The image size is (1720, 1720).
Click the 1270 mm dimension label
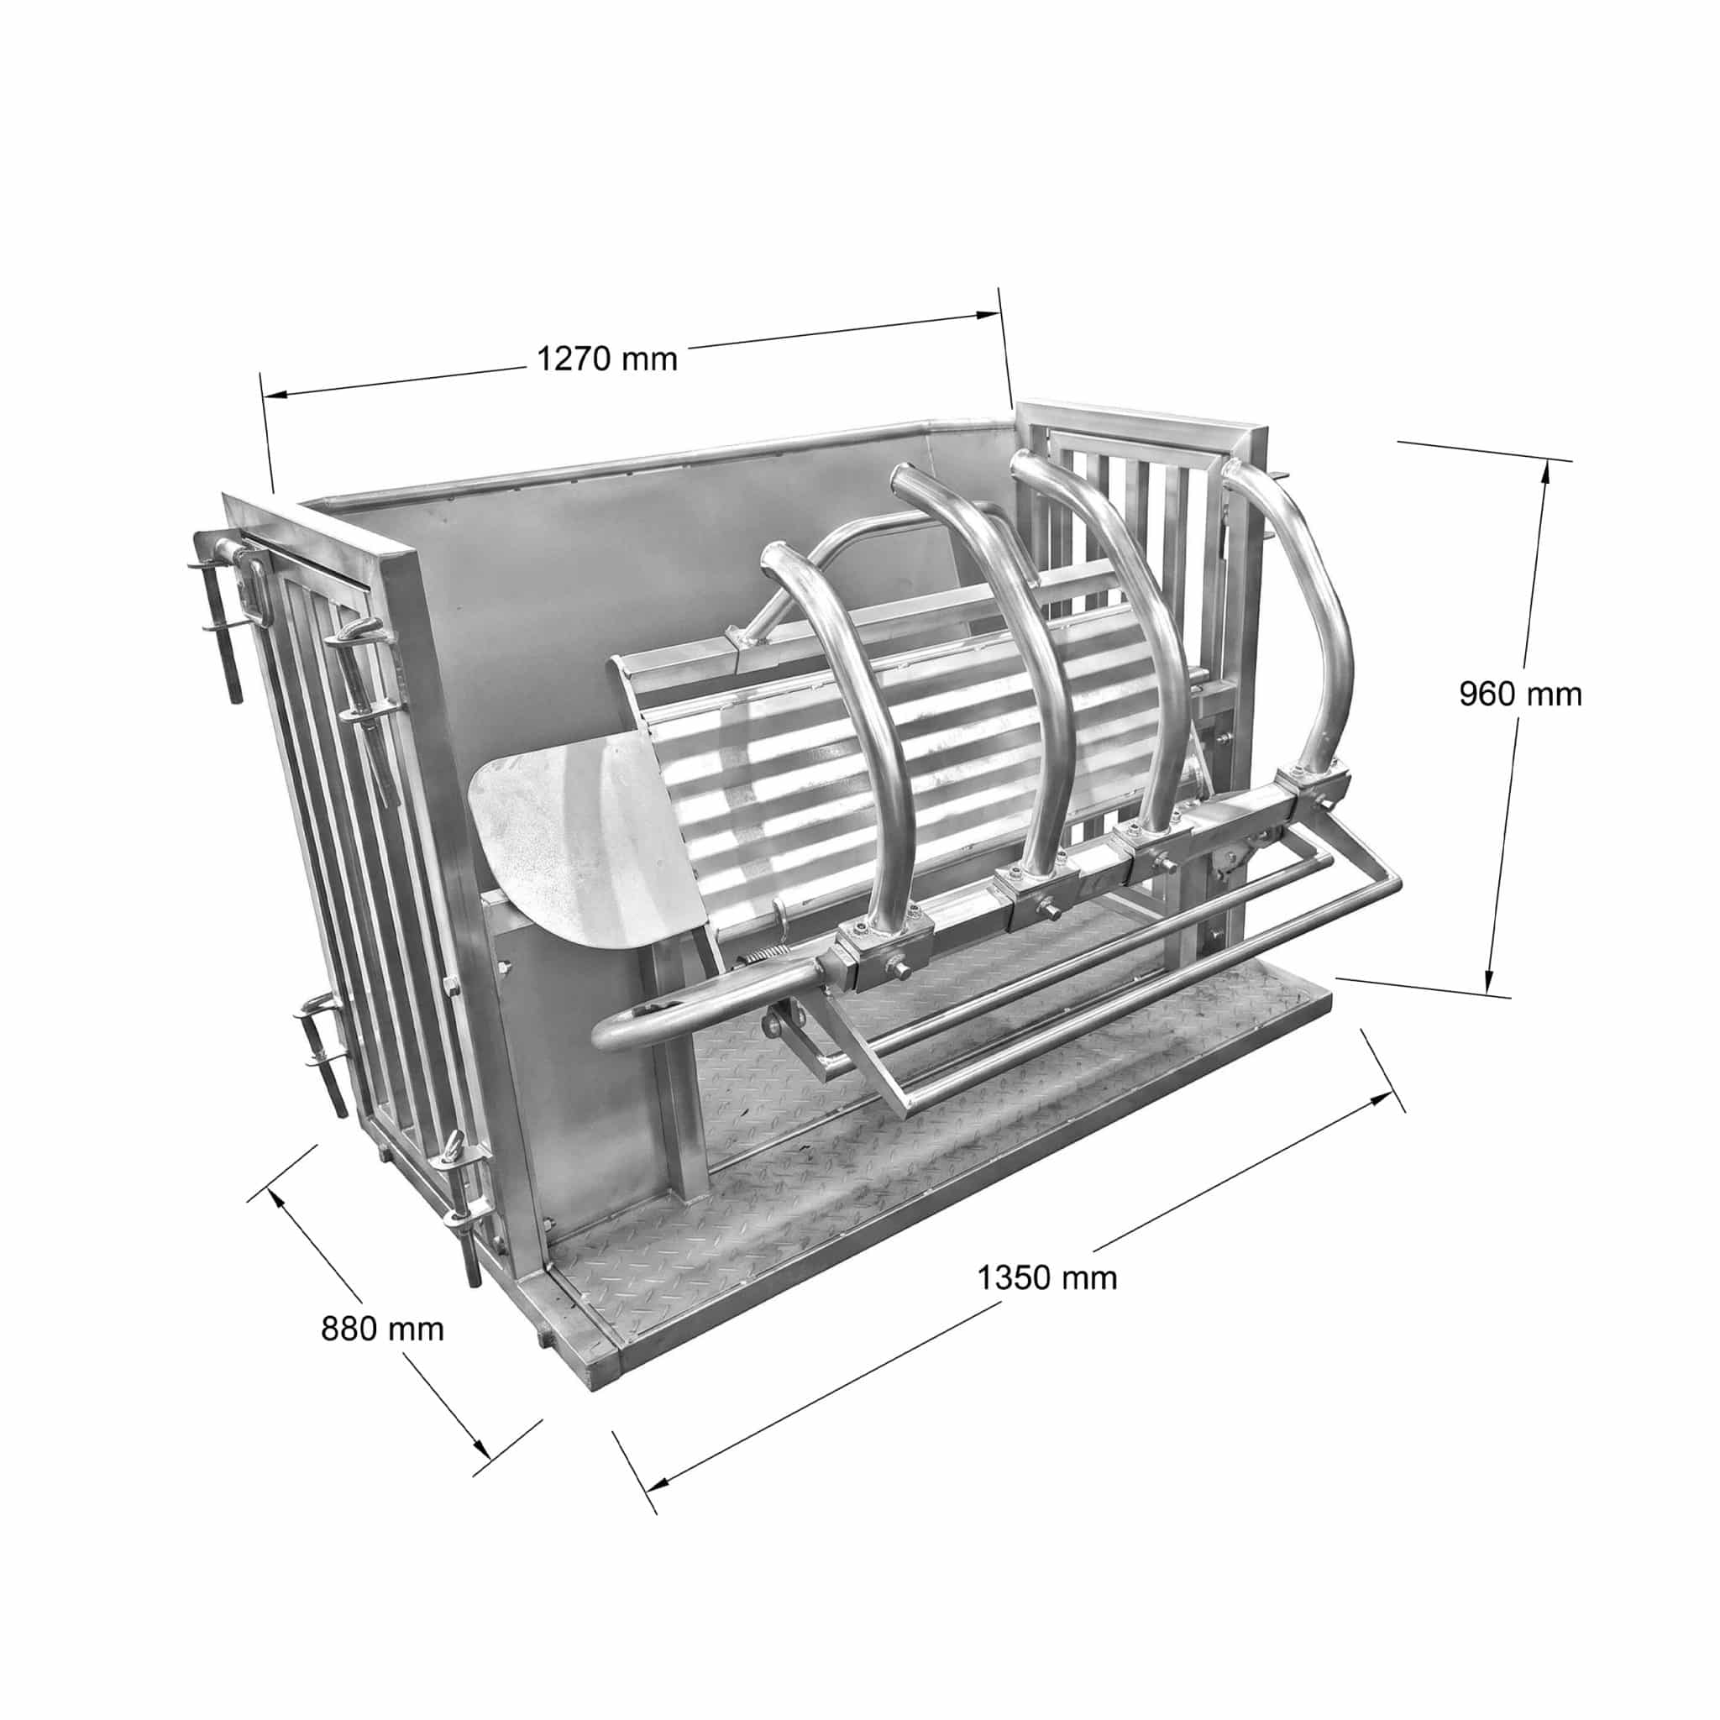click(607, 359)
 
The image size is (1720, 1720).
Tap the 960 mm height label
click(1521, 695)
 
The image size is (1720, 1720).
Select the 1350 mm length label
click(1047, 1278)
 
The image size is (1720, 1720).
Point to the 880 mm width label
click(382, 1329)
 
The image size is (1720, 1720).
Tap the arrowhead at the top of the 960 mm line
click(1544, 476)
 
